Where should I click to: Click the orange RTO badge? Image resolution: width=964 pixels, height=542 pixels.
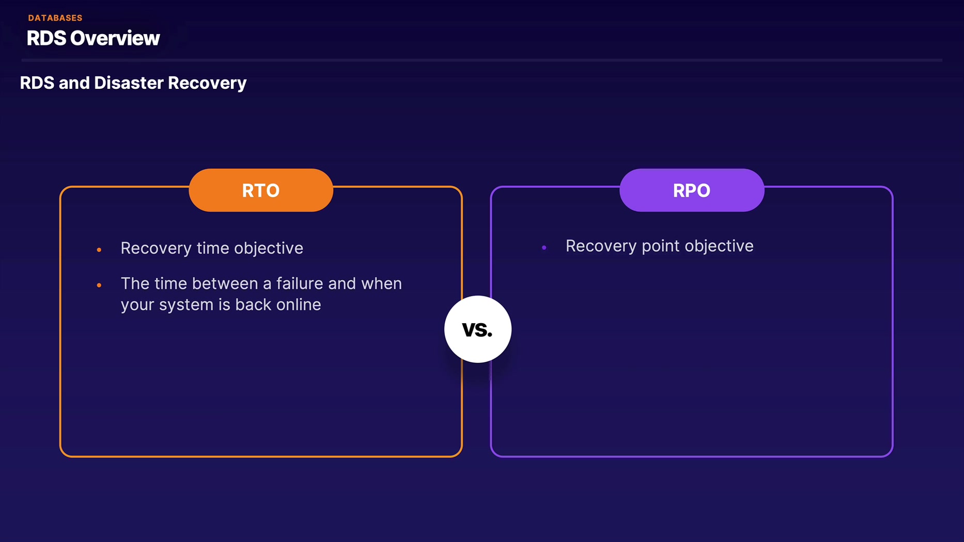click(x=261, y=190)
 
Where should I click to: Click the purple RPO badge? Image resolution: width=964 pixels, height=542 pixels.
click(x=692, y=190)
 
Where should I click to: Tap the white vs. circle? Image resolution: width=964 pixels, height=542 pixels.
click(x=478, y=329)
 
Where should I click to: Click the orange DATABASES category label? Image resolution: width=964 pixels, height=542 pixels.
click(x=55, y=18)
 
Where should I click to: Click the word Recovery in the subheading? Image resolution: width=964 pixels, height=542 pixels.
click(x=207, y=83)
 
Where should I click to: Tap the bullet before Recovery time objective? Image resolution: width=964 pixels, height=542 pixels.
click(x=99, y=250)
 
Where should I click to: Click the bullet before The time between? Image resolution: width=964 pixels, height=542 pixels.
click(x=99, y=285)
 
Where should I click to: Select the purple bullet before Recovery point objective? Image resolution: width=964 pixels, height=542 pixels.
click(x=544, y=248)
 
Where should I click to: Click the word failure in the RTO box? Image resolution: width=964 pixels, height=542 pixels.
click(x=300, y=283)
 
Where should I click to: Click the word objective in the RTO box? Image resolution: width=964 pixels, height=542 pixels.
click(x=269, y=248)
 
